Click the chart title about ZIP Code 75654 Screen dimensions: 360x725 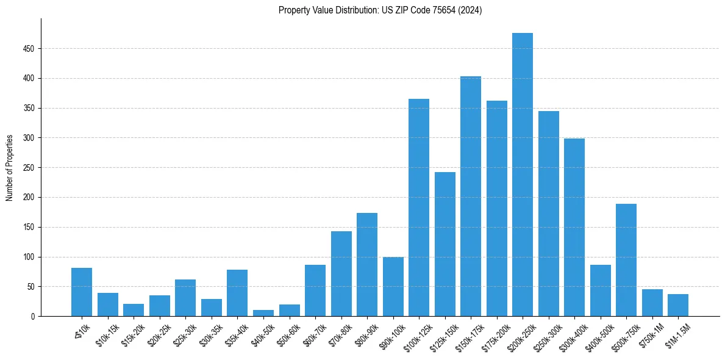[x=380, y=10]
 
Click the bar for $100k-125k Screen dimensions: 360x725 [x=419, y=207]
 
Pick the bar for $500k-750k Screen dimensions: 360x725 [x=626, y=260]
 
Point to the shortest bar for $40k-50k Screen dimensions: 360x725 [x=263, y=313]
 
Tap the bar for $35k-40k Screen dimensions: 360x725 [x=237, y=293]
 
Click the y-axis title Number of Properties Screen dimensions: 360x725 [x=10, y=168]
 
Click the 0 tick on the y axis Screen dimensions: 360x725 [x=34, y=317]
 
